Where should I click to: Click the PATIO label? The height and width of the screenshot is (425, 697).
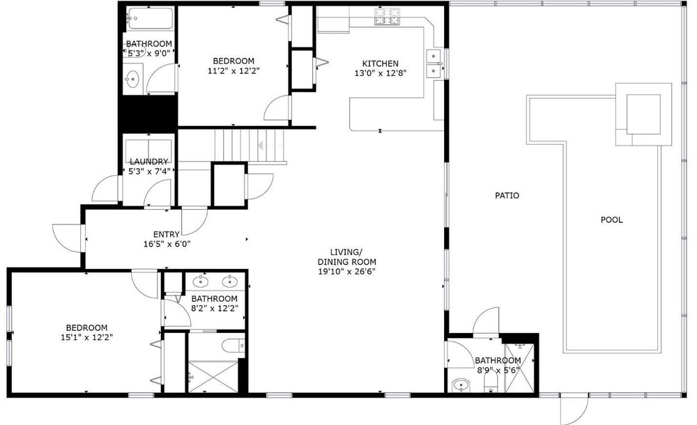click(507, 195)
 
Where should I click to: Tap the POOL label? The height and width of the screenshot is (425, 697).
click(612, 219)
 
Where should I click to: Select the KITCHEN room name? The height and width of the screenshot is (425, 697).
click(380, 63)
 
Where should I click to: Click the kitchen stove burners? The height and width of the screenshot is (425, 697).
click(387, 17)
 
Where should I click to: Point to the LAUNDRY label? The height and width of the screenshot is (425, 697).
click(149, 162)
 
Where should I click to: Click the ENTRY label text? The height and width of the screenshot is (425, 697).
click(167, 234)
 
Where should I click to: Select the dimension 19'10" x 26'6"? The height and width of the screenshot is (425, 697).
click(346, 272)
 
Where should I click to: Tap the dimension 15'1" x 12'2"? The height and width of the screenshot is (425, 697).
click(86, 337)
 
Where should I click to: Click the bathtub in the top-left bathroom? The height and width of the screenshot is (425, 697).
click(149, 18)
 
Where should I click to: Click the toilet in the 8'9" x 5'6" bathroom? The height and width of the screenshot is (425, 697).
click(491, 381)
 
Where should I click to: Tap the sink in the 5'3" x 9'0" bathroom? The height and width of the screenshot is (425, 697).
click(132, 80)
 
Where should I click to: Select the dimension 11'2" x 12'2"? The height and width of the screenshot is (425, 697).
click(233, 70)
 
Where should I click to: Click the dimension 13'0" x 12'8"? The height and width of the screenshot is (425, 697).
click(381, 73)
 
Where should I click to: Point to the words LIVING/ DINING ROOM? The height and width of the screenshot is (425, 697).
click(346, 257)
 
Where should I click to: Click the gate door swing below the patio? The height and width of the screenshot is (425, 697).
click(574, 409)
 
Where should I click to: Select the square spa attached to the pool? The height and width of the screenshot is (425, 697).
click(643, 114)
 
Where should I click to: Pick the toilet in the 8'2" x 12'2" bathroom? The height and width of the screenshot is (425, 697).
click(233, 346)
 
